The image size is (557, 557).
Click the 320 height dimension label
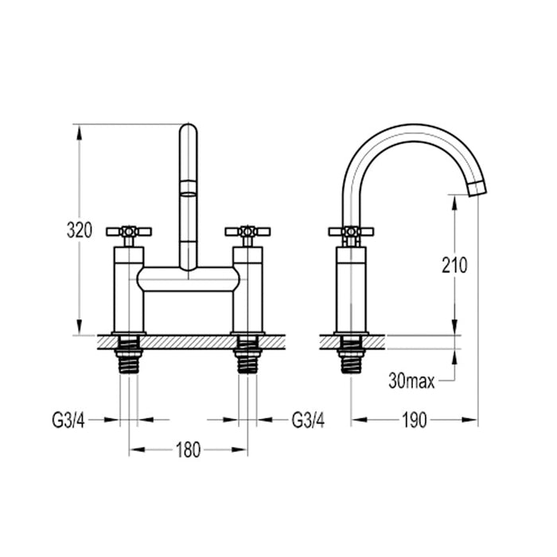80,231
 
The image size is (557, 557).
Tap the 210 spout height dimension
454,265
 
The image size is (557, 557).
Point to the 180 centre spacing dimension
188,450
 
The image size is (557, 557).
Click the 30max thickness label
411,381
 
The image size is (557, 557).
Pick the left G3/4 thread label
69,419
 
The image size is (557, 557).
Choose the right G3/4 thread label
308,419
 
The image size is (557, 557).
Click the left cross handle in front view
129,232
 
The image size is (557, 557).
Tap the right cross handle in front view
247,232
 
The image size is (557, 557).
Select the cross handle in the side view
351,232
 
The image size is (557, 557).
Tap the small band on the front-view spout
188,188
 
